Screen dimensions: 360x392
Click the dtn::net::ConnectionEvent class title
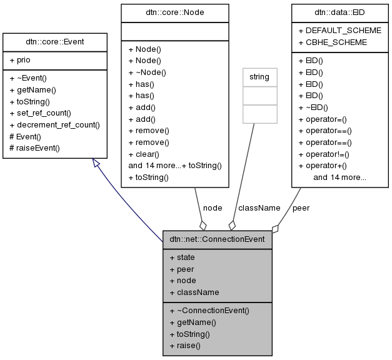tap(218, 239)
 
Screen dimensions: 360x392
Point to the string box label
tap(259, 77)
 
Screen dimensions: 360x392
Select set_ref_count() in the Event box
tap(40, 113)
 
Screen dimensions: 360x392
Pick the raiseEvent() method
tap(34, 148)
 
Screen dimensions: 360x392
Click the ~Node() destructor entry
tap(148, 72)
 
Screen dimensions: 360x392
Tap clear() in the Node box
tap(144, 154)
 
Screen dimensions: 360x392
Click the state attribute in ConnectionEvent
tap(182, 257)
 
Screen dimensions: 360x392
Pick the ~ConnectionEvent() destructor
tap(209, 310)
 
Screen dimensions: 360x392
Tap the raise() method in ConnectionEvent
tap(184, 345)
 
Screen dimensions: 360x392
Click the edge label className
tap(259, 207)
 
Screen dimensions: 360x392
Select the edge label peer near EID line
tap(301, 207)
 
